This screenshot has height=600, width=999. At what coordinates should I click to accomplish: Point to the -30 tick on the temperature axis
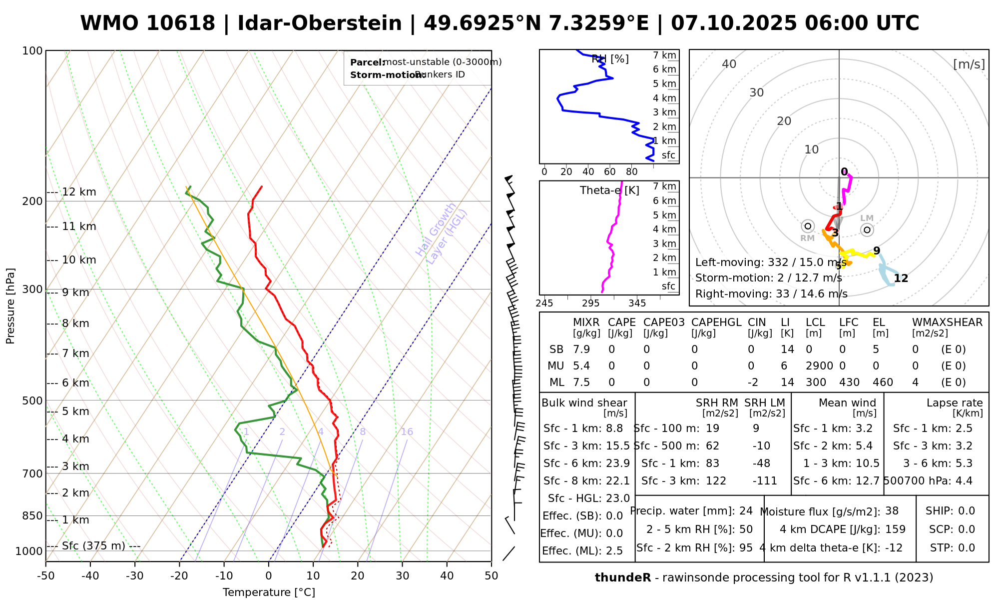pyautogui.click(x=135, y=576)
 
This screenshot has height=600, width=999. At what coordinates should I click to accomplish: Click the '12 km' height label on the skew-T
pyautogui.click(x=78, y=192)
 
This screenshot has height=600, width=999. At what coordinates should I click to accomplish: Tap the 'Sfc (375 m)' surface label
pyautogui.click(x=93, y=546)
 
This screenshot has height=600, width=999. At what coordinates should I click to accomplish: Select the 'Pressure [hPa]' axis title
pyautogui.click(x=10, y=306)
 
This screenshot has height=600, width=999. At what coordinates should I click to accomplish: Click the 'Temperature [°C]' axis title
pyautogui.click(x=269, y=592)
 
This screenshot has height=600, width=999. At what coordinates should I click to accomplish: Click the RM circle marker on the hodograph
pyautogui.click(x=808, y=226)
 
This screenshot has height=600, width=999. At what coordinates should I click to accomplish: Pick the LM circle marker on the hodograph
pyautogui.click(x=867, y=229)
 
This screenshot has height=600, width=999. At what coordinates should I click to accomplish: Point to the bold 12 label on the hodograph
pyautogui.click(x=901, y=278)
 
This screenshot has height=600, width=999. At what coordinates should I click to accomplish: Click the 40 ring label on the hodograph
pyautogui.click(x=729, y=64)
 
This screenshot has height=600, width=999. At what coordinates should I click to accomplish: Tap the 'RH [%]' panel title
pyautogui.click(x=610, y=59)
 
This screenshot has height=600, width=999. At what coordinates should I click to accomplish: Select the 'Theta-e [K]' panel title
pyautogui.click(x=609, y=190)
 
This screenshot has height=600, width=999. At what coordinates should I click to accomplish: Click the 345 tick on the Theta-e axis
pyautogui.click(x=637, y=303)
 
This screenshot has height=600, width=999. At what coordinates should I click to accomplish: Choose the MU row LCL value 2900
pyautogui.click(x=819, y=366)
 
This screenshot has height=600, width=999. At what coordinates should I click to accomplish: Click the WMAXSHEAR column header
pyautogui.click(x=947, y=322)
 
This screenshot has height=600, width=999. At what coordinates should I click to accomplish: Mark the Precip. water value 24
pyautogui.click(x=746, y=511)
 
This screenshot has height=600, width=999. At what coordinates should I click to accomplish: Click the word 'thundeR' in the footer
pyautogui.click(x=623, y=578)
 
